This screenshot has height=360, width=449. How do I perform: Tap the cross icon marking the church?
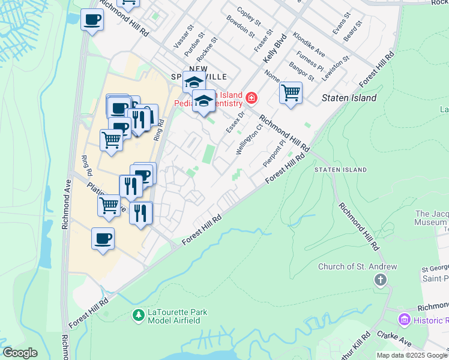click(380, 280)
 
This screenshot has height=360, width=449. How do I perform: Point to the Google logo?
click(20, 352)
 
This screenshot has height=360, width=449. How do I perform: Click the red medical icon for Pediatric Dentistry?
click(251, 97)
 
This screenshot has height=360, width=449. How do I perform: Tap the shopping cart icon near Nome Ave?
click(291, 93)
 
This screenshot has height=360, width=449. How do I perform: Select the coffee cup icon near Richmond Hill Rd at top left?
click(92, 20)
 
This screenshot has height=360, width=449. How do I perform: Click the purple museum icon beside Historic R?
click(403, 319)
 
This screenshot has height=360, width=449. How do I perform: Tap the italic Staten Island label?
click(349, 98)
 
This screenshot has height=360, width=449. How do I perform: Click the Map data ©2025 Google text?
click(411, 355)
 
